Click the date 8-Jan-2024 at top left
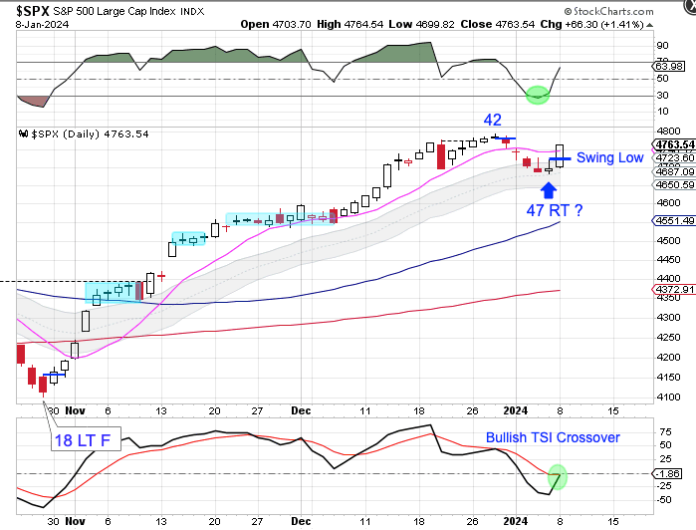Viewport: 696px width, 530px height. pos(34,24)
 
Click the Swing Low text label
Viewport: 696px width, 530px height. pos(609,157)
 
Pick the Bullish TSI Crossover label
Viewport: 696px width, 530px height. pos(553,437)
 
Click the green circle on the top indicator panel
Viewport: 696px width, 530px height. pos(537,95)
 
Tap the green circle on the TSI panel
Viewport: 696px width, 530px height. pos(557,477)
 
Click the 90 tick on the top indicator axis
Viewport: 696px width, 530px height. pos(661,46)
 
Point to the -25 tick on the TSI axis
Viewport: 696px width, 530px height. pos(663,487)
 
